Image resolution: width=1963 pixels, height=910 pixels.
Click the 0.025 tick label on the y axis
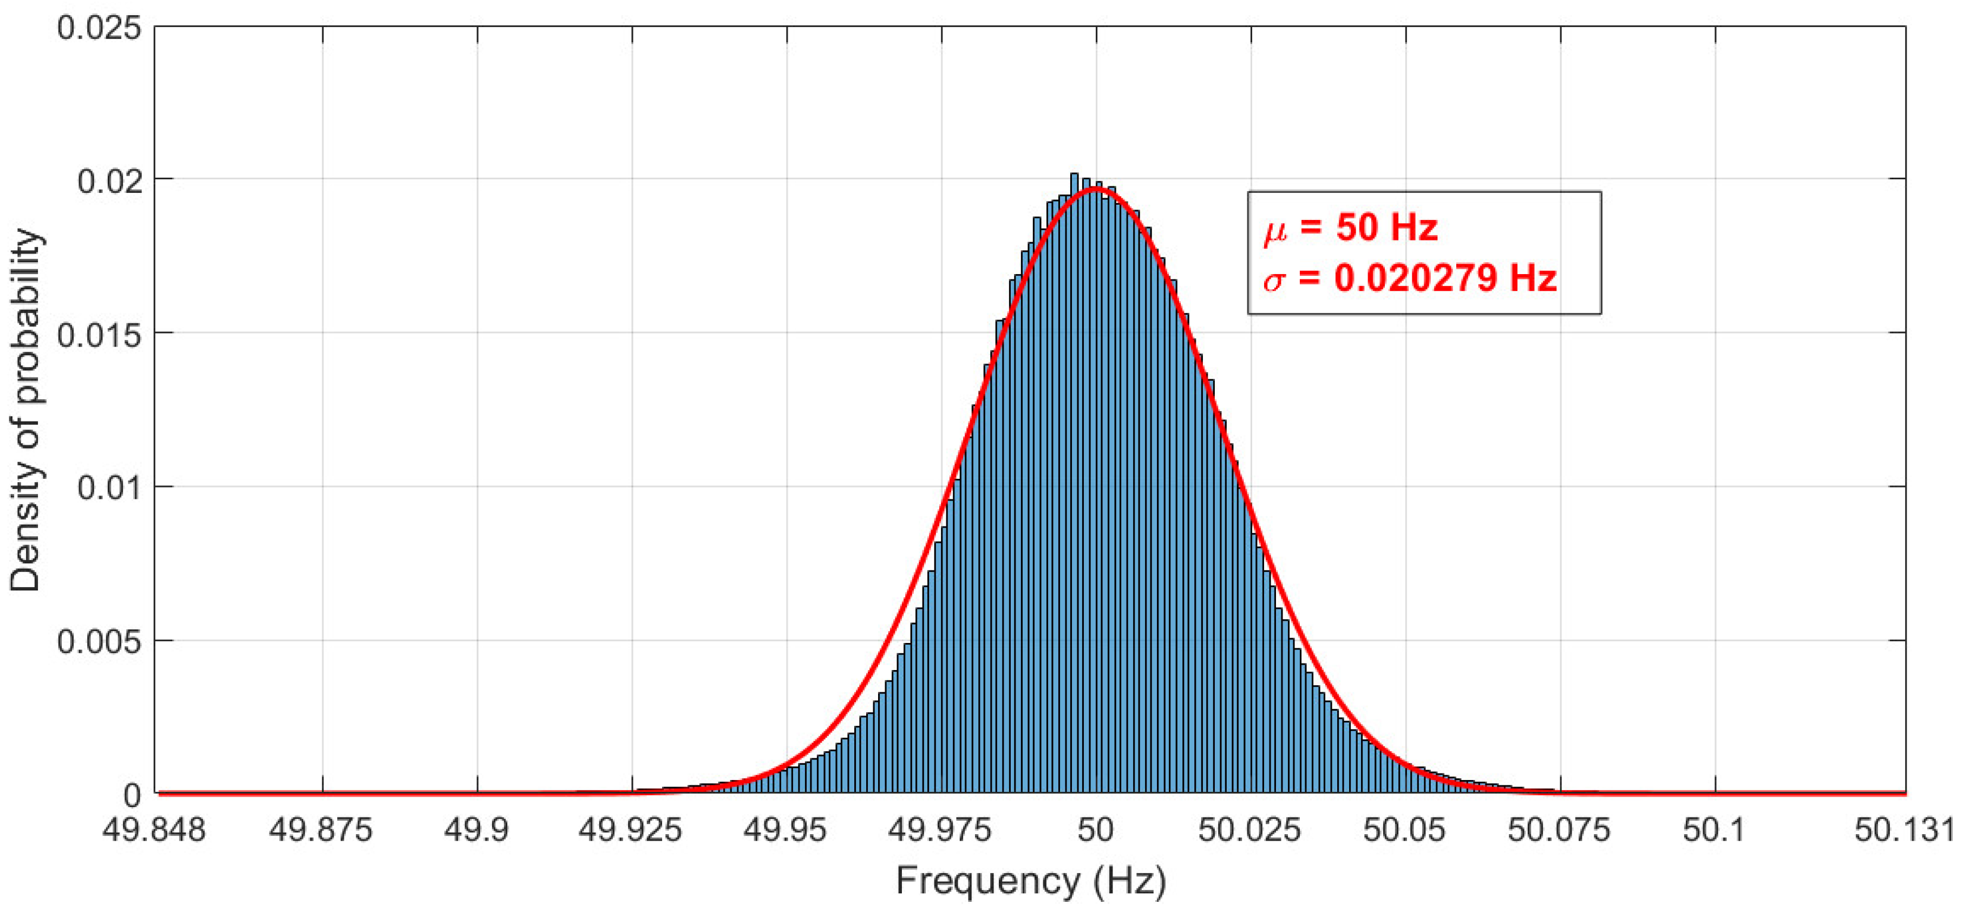pos(99,29)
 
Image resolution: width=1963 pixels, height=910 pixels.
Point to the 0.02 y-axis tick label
pos(110,181)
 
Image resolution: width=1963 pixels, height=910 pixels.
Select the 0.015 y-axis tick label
pos(99,335)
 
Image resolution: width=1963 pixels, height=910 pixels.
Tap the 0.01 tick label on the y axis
pos(110,488)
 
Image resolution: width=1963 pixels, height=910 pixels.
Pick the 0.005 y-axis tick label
pos(99,642)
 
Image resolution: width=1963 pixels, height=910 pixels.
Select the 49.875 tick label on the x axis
pos(321,830)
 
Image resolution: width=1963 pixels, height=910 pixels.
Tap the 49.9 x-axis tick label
pos(477,830)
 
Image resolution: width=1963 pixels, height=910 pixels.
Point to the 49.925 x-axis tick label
pos(631,830)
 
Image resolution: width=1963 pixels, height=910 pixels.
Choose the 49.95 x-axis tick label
pos(786,830)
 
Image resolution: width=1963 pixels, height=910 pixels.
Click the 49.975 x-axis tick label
pos(940,830)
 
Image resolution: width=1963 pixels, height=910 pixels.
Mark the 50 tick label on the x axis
pos(1096,830)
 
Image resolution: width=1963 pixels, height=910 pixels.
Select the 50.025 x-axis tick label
pos(1249,830)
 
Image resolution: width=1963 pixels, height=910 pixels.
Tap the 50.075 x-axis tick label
pos(1559,830)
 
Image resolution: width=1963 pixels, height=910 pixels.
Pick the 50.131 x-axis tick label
pos(1905,830)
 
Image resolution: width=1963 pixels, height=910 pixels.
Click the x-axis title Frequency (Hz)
pos(1030,881)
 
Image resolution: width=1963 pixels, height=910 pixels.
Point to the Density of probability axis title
pos(26,409)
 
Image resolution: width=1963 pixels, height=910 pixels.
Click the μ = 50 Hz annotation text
pos(1350,228)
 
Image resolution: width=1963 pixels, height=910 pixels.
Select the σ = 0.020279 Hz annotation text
pos(1410,278)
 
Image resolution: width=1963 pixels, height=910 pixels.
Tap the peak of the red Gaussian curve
pos(1096,188)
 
